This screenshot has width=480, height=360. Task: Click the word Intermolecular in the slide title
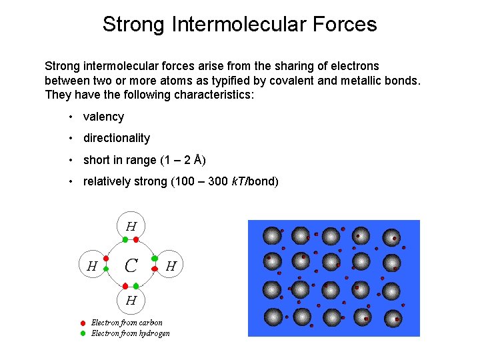[x=237, y=25]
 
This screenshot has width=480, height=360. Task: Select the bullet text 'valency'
[x=103, y=117]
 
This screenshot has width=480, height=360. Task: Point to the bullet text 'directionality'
[x=117, y=138]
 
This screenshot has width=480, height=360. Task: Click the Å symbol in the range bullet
[x=197, y=160]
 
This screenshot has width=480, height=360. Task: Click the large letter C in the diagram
[x=131, y=265]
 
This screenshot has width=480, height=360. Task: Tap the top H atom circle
[x=131, y=226]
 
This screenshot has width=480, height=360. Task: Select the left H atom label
[x=93, y=265]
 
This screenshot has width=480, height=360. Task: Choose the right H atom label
[x=171, y=265]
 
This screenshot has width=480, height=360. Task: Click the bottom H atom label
[x=131, y=300]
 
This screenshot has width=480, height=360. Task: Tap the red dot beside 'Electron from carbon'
[x=83, y=323]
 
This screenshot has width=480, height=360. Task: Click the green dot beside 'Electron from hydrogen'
[x=83, y=333]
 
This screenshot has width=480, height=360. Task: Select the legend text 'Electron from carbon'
[x=127, y=323]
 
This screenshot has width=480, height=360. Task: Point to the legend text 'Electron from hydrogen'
[x=131, y=333]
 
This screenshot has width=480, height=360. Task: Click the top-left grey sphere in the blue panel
[x=271, y=235]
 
